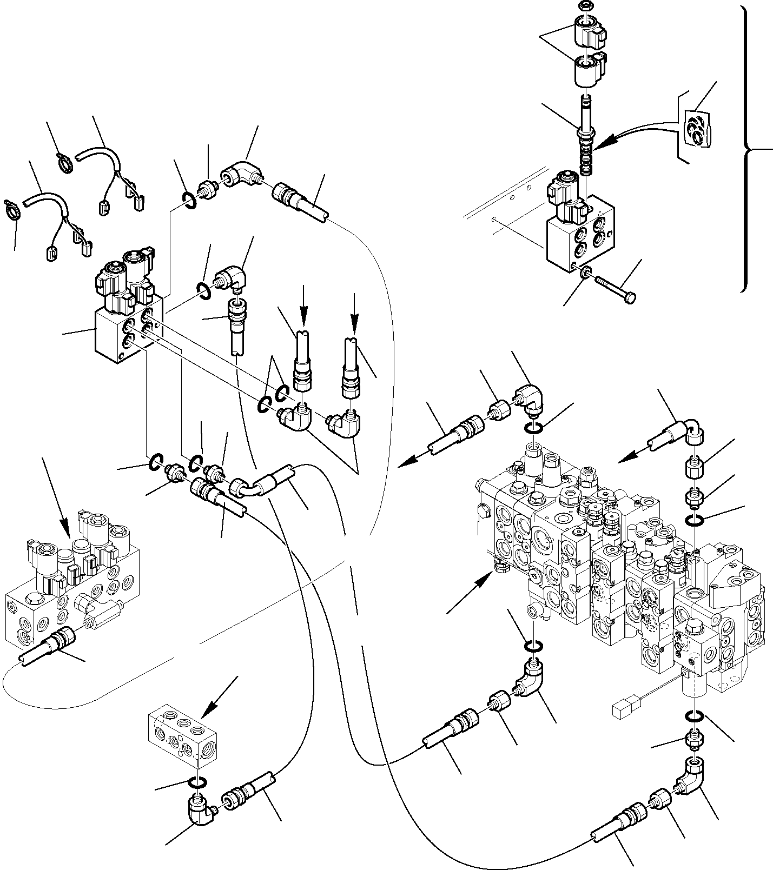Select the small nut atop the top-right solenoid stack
click(x=584, y=6)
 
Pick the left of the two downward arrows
click(x=304, y=308)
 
